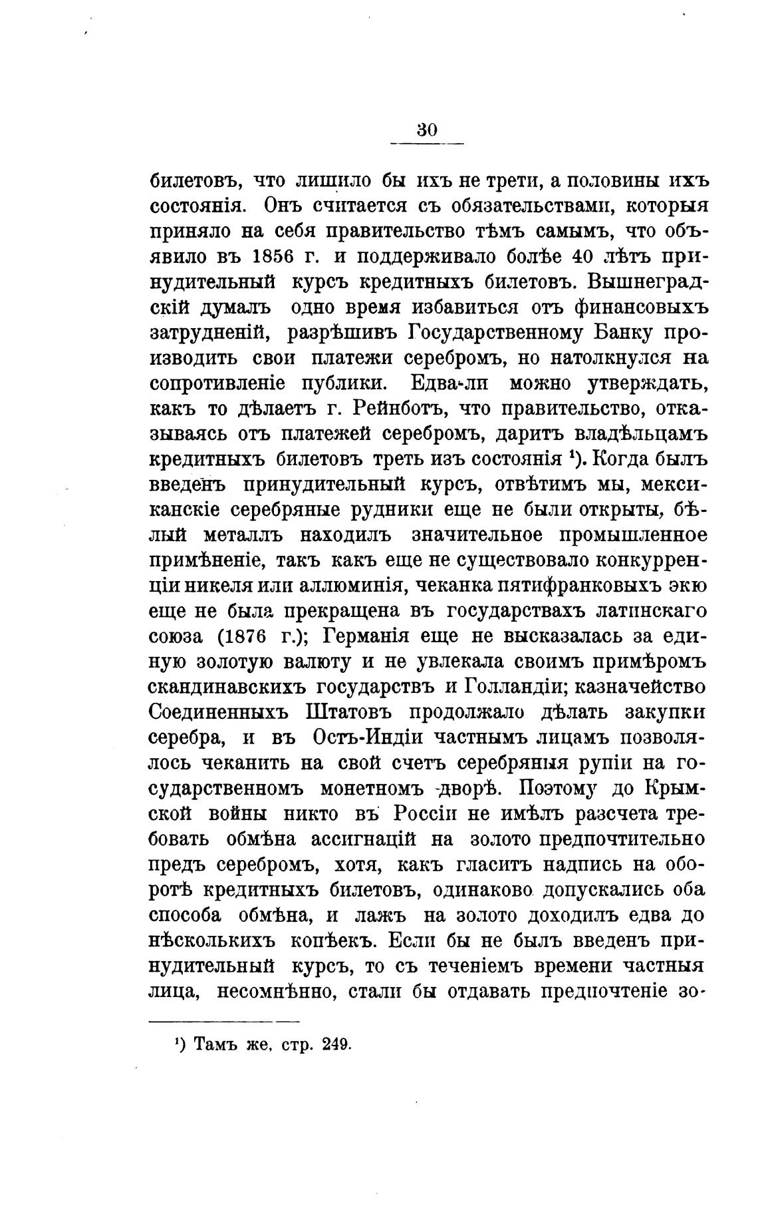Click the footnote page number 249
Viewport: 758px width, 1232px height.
335,1045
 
